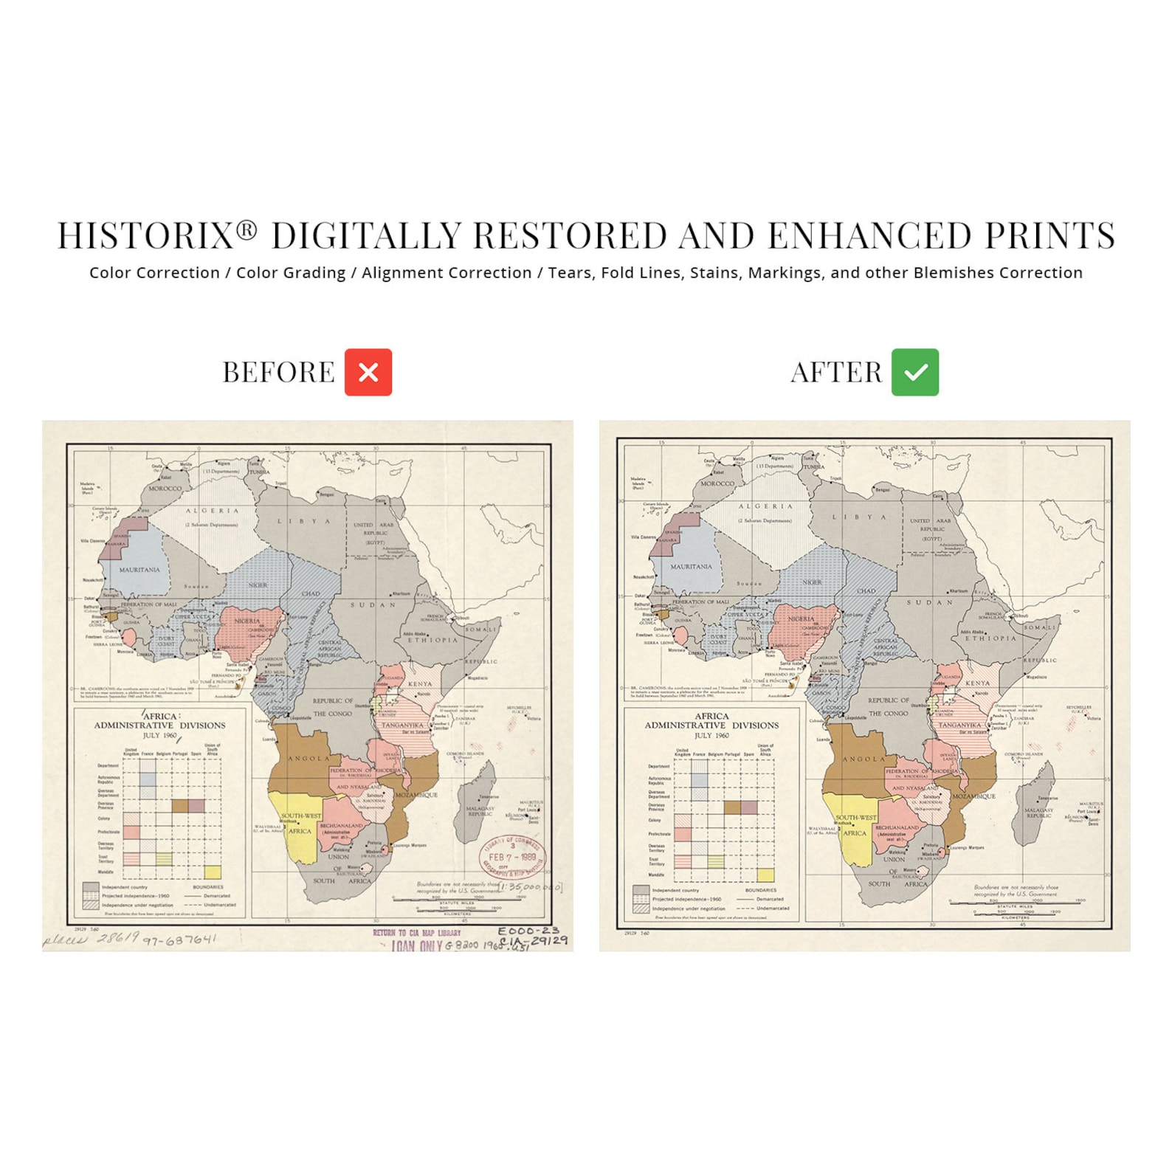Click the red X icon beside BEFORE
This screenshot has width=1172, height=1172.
368,372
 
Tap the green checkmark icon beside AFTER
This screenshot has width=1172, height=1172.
914,372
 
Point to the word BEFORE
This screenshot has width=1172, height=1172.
278,373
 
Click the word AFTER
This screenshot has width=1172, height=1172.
835,373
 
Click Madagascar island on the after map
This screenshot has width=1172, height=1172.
1035,804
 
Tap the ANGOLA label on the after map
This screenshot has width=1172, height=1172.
864,759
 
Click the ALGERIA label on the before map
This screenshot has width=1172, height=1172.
212,511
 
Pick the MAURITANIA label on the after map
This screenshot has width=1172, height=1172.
691,567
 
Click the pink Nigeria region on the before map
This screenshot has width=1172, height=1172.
249,627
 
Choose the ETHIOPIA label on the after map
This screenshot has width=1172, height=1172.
990,638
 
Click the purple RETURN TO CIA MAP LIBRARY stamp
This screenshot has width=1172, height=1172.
416,933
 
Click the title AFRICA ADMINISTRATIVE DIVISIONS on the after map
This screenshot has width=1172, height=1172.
711,721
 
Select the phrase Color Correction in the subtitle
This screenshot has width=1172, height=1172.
154,273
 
